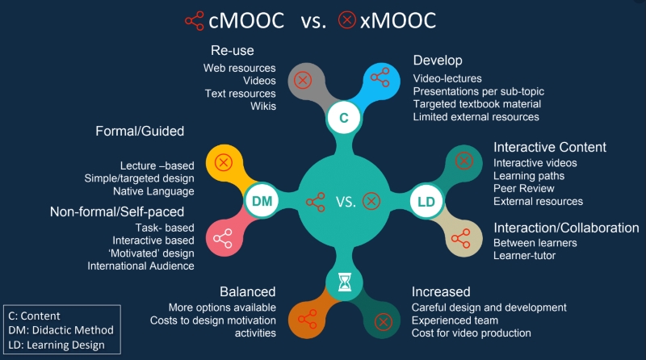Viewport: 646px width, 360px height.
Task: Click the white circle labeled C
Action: tap(344, 118)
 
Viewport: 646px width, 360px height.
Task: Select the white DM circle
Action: tap(262, 201)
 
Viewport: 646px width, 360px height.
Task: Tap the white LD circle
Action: tap(426, 202)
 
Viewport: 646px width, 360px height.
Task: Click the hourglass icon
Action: tap(345, 283)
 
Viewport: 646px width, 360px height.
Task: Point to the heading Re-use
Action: tap(233, 50)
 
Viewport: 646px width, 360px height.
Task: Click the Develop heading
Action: tap(438, 61)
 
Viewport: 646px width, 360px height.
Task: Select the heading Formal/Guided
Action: tap(140, 131)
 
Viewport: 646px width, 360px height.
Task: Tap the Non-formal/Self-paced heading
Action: tap(117, 211)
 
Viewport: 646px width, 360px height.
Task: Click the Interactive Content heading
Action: tap(550, 147)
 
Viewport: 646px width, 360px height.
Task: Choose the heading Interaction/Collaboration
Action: tap(566, 228)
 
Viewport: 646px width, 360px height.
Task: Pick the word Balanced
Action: tap(248, 291)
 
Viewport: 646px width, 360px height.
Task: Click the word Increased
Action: tap(441, 291)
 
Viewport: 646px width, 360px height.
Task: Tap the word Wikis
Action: tap(263, 107)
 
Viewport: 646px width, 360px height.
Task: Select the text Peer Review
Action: tap(523, 189)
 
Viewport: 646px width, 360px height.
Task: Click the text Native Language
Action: tap(153, 191)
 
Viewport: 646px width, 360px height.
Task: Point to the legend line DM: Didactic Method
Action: tap(61, 330)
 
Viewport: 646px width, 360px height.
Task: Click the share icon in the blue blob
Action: tap(380, 77)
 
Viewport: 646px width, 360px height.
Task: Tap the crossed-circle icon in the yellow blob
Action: tap(224, 162)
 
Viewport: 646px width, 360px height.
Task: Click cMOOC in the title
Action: tap(246, 21)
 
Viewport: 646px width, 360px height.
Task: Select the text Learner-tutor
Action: tap(524, 256)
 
